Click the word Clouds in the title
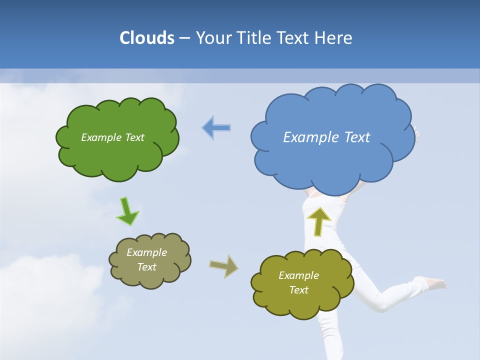click(x=146, y=38)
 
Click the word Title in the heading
click(x=254, y=38)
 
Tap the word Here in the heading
click(x=334, y=38)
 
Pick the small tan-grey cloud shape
click(x=150, y=280)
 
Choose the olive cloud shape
click(x=300, y=305)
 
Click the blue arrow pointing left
click(x=216, y=128)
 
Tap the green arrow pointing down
click(x=127, y=211)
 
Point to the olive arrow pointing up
click(x=318, y=221)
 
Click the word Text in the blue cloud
click(x=357, y=137)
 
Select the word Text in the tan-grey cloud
click(x=146, y=267)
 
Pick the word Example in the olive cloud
click(x=298, y=275)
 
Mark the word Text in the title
click(x=294, y=38)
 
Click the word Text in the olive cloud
click(x=298, y=290)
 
